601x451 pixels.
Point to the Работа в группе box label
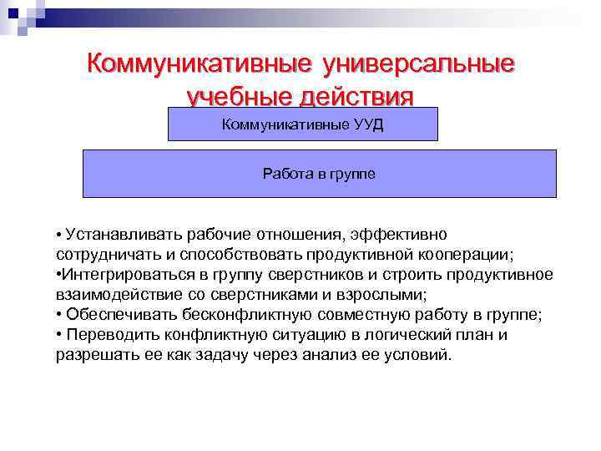click(319, 174)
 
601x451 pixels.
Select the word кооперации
click(480, 254)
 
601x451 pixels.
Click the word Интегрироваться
click(120, 274)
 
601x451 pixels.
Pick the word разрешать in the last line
click(91, 354)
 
